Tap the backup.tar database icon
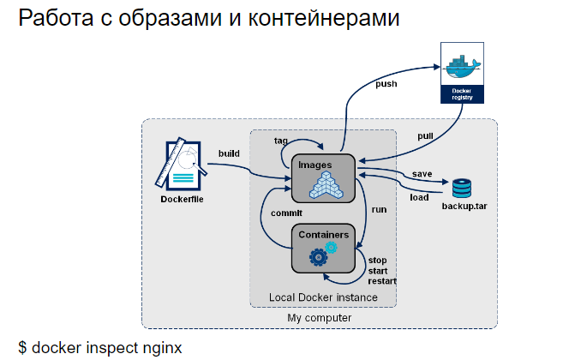point(463,188)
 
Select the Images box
point(322,177)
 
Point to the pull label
point(425,136)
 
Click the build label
point(229,153)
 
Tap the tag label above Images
point(280,140)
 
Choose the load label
point(419,196)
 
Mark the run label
point(379,208)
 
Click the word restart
point(383,280)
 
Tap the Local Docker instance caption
point(323,297)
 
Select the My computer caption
point(319,318)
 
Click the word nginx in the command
point(160,347)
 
